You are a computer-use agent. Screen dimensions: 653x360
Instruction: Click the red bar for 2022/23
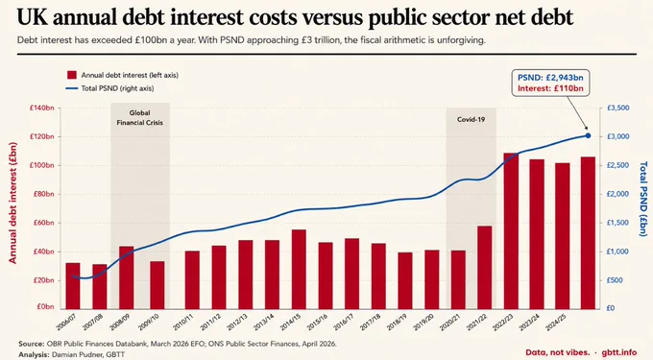coord(511,231)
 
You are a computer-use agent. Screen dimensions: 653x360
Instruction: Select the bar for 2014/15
coord(299,269)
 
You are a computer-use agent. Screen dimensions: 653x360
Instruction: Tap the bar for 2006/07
coord(73,286)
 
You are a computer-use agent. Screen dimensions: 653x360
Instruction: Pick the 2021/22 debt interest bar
coord(485,268)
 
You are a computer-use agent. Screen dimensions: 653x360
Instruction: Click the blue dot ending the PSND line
coord(588,135)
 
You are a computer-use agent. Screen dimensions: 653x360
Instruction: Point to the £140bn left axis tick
coord(41,108)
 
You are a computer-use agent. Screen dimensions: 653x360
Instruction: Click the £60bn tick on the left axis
coord(43,223)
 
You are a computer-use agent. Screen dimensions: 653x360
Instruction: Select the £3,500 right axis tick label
coord(618,108)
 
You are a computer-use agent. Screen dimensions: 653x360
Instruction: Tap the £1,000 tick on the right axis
coord(618,252)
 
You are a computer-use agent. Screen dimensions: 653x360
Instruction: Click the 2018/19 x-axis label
coord(396,322)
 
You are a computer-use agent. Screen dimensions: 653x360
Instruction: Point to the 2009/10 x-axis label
coord(148,322)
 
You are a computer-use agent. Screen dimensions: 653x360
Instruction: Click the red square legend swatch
coord(72,75)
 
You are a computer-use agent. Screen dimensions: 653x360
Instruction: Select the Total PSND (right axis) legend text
coord(117,88)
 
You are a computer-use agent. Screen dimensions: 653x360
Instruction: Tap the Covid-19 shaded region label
coord(471,119)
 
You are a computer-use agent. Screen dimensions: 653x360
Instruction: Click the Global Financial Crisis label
coord(140,118)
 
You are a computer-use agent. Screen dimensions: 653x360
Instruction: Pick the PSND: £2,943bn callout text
coord(550,78)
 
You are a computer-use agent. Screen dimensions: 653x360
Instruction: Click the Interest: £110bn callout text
coord(550,88)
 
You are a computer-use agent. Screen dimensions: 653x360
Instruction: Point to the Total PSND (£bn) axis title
coord(643,199)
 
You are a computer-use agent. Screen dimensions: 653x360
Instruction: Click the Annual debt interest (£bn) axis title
coord(12,203)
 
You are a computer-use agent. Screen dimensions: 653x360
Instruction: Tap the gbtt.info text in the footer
coord(619,352)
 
